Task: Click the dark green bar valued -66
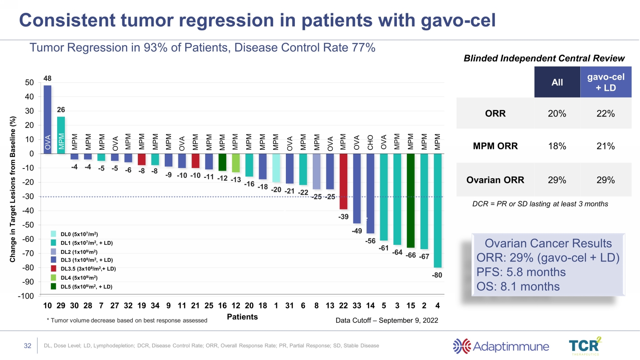(410, 200)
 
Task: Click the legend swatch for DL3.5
(53, 269)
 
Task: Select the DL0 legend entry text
(79, 234)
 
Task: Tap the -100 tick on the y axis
(26, 296)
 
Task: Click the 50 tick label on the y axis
(29, 83)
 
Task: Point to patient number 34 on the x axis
(155, 305)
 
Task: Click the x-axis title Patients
(242, 317)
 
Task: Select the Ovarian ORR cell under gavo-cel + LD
(605, 180)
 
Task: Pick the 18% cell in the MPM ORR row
(557, 146)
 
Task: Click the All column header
(557, 82)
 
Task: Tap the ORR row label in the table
(495, 113)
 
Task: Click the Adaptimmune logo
(501, 346)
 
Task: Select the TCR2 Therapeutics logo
(585, 346)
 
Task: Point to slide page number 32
(28, 345)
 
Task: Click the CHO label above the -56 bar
(370, 142)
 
